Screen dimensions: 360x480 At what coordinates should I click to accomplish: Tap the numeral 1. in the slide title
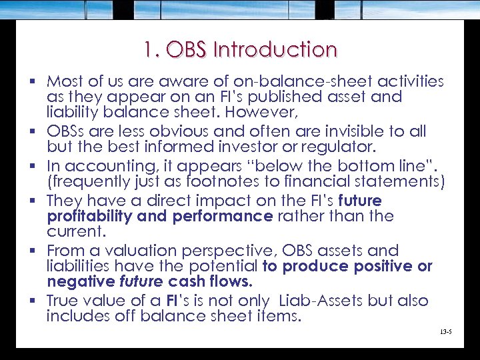click(150, 50)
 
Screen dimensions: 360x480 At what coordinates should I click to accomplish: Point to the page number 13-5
click(446, 331)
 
